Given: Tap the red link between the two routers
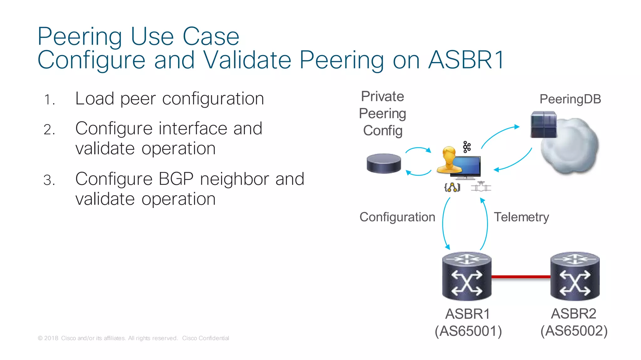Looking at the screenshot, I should [x=521, y=277].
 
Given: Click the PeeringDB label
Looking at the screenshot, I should [x=570, y=99].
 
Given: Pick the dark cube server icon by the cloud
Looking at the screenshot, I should [x=544, y=124].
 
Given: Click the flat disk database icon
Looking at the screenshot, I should [x=384, y=163].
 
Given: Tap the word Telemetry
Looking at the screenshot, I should [x=521, y=217].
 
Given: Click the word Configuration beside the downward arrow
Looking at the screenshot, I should [x=397, y=217].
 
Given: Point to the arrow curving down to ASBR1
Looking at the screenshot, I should [x=444, y=224].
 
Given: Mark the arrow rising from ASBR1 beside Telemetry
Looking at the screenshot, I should [x=486, y=224].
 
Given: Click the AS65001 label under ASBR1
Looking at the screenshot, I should [x=468, y=331].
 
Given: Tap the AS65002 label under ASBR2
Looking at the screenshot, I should [x=574, y=331].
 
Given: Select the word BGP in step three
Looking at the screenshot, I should [x=176, y=179].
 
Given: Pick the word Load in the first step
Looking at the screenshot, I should [x=95, y=99].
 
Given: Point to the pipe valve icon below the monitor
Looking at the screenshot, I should [x=481, y=187].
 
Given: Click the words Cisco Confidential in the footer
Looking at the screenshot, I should [x=206, y=338].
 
